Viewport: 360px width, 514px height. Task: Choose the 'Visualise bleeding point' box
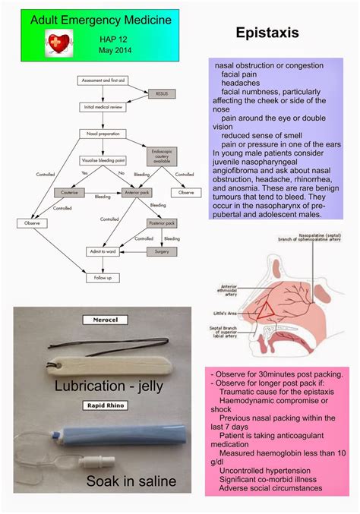click(x=104, y=160)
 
